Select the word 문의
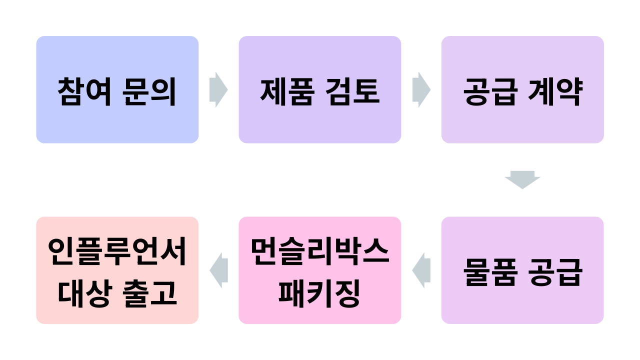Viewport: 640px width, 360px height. (x=149, y=92)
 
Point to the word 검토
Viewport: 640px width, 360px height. (x=353, y=92)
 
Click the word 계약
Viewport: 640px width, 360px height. (x=555, y=92)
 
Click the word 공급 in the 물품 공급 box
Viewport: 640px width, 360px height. (x=555, y=272)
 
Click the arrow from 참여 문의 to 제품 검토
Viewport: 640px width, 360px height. (x=218, y=90)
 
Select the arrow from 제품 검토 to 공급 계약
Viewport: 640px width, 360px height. (x=421, y=90)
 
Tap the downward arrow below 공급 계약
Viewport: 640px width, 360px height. (x=522, y=179)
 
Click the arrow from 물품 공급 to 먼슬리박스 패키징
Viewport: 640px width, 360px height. (x=421, y=270)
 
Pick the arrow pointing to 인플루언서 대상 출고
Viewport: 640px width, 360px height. (x=218, y=270)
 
